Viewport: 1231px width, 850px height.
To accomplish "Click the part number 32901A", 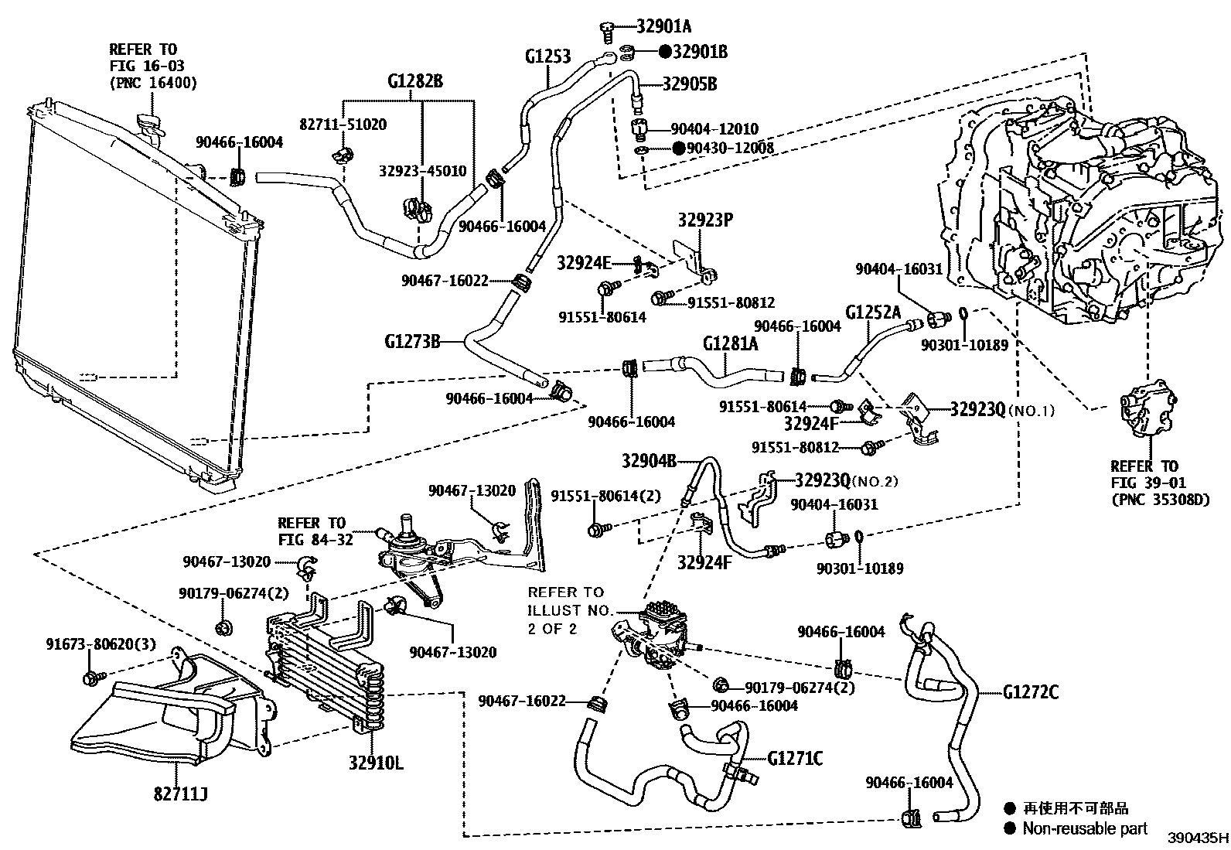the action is [x=664, y=26].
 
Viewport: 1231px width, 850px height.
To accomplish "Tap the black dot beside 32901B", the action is [x=666, y=52].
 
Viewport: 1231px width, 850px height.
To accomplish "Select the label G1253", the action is [x=548, y=56].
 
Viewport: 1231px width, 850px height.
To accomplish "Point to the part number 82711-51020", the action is [x=343, y=125].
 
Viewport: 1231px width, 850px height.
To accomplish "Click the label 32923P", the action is [x=705, y=220].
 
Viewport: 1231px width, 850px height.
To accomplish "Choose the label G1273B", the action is [x=412, y=342].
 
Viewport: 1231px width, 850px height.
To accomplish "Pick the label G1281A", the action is [x=731, y=343].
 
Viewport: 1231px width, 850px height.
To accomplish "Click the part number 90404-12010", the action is [x=714, y=129].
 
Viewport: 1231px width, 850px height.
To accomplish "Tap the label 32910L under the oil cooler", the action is [x=376, y=763].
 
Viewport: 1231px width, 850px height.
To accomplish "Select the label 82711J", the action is [x=181, y=794].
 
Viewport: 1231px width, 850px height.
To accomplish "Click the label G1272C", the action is [x=1031, y=691].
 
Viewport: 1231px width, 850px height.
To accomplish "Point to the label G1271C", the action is [x=795, y=759].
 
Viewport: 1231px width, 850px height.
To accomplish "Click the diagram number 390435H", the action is [x=1198, y=838].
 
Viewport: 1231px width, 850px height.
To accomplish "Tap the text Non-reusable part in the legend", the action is [x=1085, y=828].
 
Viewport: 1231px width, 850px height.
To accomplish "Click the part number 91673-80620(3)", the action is [x=101, y=643].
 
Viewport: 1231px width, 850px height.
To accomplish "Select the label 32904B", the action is [x=649, y=461].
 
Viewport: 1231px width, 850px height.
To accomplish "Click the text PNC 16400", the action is [x=153, y=83].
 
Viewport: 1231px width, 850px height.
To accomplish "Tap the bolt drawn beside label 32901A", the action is [x=607, y=32].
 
